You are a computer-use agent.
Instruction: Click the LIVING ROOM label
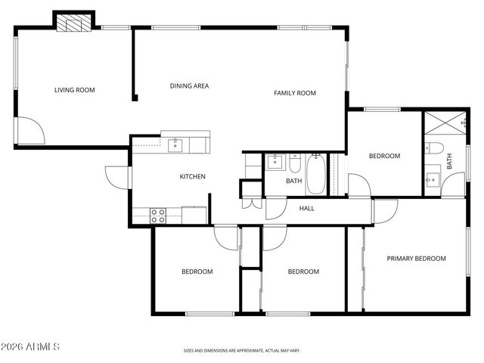74,91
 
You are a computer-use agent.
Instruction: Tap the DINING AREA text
189,86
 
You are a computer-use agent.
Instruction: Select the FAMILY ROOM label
294,93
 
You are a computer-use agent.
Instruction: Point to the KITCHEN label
192,177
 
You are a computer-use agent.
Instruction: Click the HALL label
307,209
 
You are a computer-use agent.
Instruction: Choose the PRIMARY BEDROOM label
416,259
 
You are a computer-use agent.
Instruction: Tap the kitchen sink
174,143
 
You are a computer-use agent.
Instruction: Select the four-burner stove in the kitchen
158,215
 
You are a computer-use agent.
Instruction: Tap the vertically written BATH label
449,161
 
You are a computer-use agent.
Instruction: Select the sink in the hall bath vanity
273,161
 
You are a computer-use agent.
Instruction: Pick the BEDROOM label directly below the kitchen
197,271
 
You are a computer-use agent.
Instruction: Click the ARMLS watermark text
31,346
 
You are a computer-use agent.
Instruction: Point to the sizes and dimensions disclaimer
242,351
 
